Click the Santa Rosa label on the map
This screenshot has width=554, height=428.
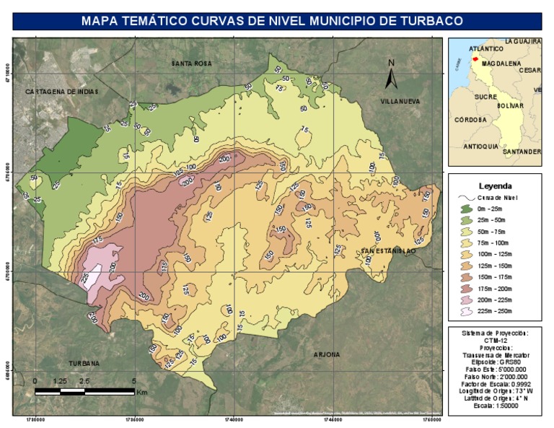[192, 64]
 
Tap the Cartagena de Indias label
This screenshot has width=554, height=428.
[61, 92]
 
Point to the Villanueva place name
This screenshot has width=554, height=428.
[400, 102]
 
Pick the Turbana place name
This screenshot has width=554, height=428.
[84, 363]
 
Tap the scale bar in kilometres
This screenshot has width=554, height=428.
[84, 391]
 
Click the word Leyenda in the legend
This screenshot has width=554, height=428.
[495, 185]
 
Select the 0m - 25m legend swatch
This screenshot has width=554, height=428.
[464, 209]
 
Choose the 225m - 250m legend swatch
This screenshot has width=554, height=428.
[464, 312]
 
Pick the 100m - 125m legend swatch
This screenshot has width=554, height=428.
[464, 255]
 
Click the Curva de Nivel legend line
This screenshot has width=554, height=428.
[464, 197]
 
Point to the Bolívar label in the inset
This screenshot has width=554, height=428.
[509, 106]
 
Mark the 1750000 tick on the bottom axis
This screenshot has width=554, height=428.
[431, 419]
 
